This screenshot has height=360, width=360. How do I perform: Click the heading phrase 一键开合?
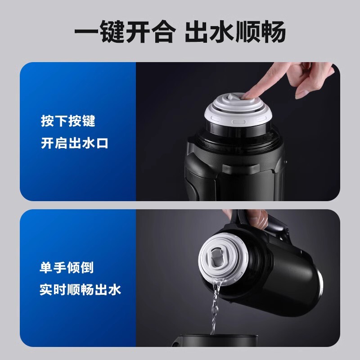click(125, 32)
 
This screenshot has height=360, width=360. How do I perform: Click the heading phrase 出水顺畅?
click(235, 32)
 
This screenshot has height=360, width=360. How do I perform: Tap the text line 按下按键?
click(68, 121)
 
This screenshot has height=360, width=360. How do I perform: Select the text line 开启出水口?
click(75, 143)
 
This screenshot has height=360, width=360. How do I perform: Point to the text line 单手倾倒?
click(67, 267)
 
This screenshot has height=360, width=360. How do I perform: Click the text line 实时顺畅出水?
click(80, 289)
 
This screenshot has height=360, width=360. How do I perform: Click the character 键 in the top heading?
click(112, 32)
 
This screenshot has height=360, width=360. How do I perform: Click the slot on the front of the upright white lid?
click(239, 122)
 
